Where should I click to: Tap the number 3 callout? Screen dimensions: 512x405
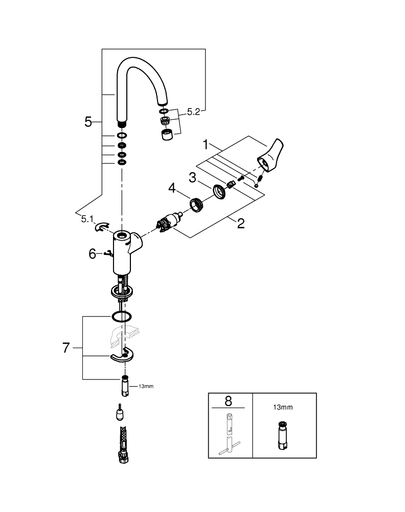pos(192,177)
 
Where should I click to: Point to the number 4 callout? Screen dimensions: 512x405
pos(172,190)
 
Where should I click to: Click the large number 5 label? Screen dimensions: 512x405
pos(88,122)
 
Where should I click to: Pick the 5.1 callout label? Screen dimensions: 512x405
pos(87,219)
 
